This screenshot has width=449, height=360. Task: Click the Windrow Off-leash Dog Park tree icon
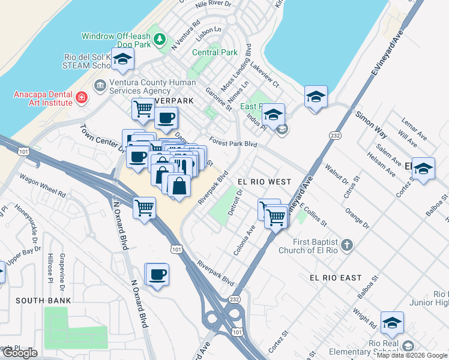pyautogui.click(x=159, y=40)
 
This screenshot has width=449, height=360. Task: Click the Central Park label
pyautogui.click(x=214, y=52)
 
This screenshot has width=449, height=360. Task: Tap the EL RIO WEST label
pyautogui.click(x=264, y=181)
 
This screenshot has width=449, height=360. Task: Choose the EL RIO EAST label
pyautogui.click(x=336, y=278)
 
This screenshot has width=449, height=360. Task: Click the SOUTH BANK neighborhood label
pyautogui.click(x=43, y=300)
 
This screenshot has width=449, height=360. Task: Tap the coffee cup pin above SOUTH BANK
pyautogui.click(x=158, y=274)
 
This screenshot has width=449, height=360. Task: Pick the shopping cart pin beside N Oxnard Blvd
pyautogui.click(x=145, y=208)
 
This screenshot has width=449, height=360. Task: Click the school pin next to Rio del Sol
pyautogui.click(x=122, y=59)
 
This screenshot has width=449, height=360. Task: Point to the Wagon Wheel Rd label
pyautogui.click(x=42, y=186)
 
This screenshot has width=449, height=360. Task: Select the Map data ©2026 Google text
pyautogui.click(x=412, y=355)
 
